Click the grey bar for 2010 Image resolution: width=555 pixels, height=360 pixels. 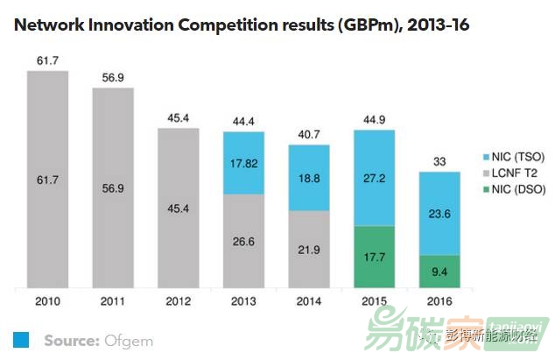(47, 179)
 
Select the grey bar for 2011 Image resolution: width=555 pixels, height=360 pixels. (112, 187)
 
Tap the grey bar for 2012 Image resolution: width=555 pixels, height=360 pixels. (178, 208)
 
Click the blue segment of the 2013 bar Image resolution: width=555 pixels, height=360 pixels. (243, 163)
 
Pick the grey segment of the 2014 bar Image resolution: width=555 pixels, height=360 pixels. (309, 250)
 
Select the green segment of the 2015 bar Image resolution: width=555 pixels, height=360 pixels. (374, 258)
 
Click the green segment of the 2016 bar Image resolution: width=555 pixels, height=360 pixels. (439, 272)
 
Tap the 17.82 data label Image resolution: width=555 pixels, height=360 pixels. (243, 164)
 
